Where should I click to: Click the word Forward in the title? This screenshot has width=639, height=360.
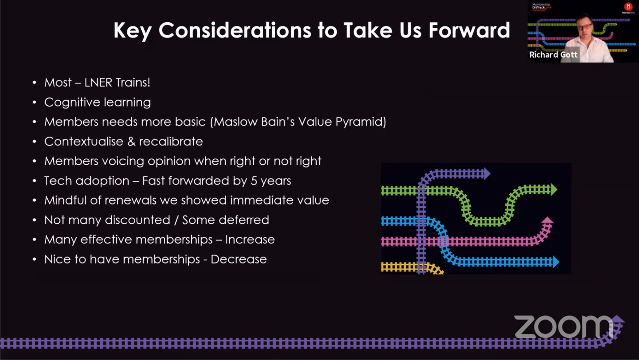pyautogui.click(x=469, y=30)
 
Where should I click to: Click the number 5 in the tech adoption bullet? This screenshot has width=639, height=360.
pyautogui.click(x=253, y=181)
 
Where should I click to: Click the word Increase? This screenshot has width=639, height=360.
pyautogui.click(x=250, y=240)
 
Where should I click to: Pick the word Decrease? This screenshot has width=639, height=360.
pyautogui.click(x=239, y=259)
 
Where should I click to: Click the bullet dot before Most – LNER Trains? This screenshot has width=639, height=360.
pyautogui.click(x=34, y=83)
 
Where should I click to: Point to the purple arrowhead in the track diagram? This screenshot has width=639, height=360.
pyautogui.click(x=487, y=173)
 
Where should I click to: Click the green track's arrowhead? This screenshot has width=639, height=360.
pyautogui.click(x=554, y=190)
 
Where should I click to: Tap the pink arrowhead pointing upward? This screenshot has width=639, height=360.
pyautogui.click(x=547, y=220)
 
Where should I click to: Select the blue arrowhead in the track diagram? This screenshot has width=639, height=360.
pyautogui.click(x=556, y=262)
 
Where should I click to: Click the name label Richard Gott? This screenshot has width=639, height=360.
pyautogui.click(x=553, y=55)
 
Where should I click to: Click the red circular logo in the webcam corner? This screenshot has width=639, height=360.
pyautogui.click(x=628, y=7)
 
